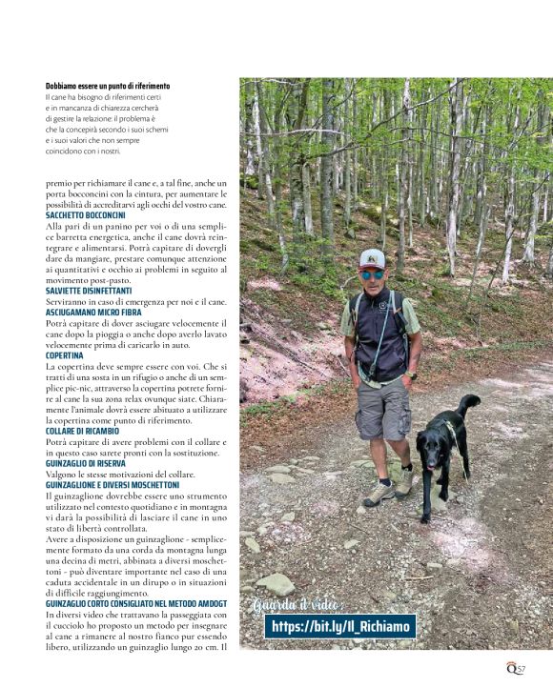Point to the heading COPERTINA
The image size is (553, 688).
pos(64,355)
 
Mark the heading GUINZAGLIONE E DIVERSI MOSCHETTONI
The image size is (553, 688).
pos(112,485)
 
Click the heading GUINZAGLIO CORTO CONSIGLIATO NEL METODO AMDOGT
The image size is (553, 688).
pos(135,603)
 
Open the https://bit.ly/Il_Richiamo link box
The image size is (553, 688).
pos(340,626)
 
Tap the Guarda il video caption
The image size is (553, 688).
pos(299,606)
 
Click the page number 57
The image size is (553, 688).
pos(521,669)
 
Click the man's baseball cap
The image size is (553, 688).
pos(372,257)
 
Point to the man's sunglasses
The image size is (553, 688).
pos(372,273)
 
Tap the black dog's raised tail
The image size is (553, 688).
pos(469,405)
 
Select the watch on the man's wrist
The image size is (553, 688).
pos(411,375)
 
